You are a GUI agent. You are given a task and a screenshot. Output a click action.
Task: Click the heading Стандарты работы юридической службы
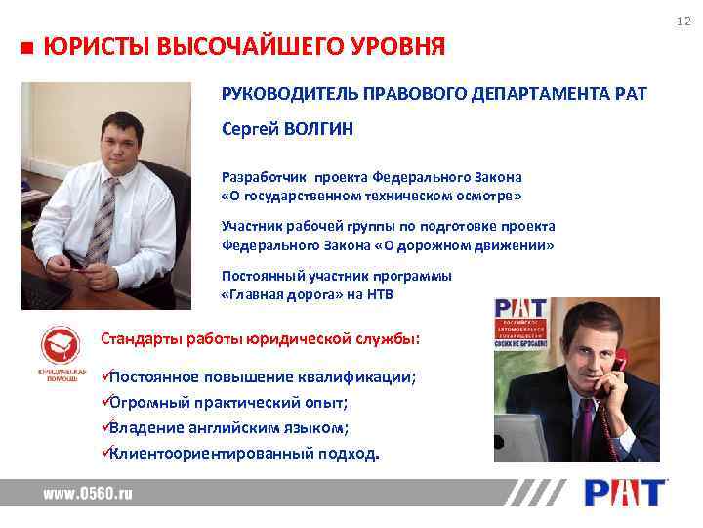click(261, 339)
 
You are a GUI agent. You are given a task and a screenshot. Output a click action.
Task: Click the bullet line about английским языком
click(228, 427)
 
